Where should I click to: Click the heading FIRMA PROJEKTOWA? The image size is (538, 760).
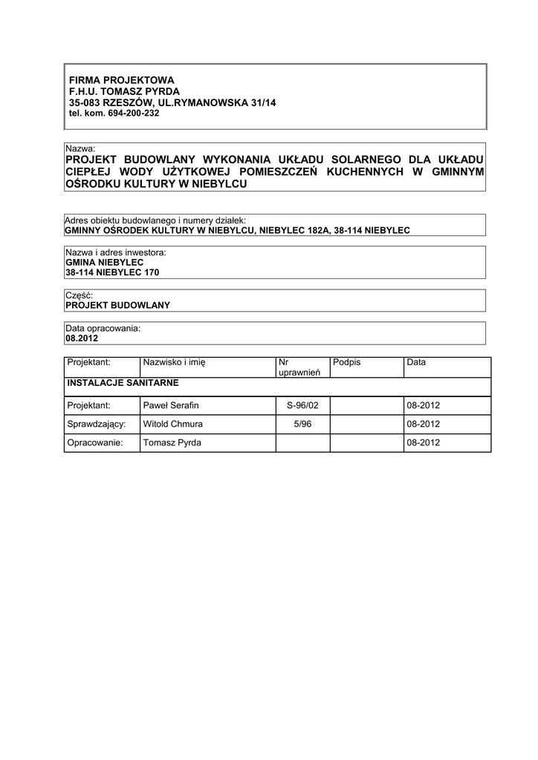[x=121, y=80]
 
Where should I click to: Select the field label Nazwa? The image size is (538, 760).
[x=80, y=149]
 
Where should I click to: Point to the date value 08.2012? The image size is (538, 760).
[x=81, y=338]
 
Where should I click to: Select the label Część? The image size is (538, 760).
[x=79, y=295]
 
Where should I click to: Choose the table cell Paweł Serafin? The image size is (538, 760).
[x=171, y=406]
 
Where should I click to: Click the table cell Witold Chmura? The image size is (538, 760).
[x=173, y=425]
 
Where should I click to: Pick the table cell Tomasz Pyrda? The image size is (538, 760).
[x=172, y=443]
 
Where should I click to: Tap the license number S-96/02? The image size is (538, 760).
[x=302, y=406]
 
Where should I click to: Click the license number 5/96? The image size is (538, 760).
[x=302, y=425]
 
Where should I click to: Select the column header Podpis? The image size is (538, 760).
[x=347, y=362]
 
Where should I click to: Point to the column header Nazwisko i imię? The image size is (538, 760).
[x=174, y=362]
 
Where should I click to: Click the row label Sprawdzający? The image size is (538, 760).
[x=96, y=425]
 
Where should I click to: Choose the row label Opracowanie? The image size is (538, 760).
[x=95, y=443]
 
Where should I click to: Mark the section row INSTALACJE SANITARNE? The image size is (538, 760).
[x=123, y=384]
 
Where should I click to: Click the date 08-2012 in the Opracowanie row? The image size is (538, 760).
[x=424, y=443]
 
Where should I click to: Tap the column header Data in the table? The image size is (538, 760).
[x=416, y=362]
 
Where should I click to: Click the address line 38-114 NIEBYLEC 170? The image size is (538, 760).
[x=112, y=272]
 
